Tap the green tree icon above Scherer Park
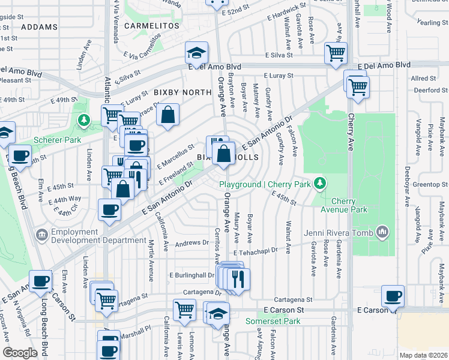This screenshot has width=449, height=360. coord(83,121)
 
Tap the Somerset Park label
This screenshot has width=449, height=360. coord(273,321)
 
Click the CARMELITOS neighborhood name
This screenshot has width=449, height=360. coord(148,26)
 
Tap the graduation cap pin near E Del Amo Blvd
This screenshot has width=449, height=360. coord(196,54)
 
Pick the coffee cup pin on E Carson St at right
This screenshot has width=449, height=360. coord(393,296)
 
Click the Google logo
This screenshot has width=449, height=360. coord(20,353)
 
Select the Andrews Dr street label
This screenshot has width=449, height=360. coord(191,244)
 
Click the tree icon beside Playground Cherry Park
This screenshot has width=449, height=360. coord(321,182)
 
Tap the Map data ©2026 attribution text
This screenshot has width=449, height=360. coord(423,355)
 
